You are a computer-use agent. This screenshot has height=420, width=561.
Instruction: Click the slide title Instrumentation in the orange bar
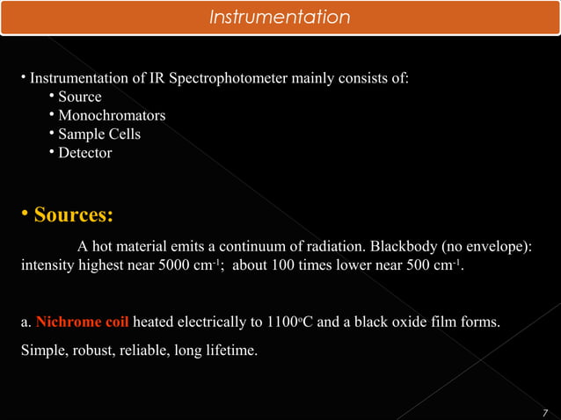pos(280,18)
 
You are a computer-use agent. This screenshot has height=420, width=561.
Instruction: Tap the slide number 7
pos(546,413)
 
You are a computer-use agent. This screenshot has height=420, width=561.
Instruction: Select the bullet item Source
pos(80,97)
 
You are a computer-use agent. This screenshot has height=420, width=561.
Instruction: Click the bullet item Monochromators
pos(112,115)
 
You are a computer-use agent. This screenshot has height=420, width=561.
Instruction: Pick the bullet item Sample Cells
pos(99,134)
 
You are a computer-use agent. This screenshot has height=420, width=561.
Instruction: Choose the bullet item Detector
pos(85,153)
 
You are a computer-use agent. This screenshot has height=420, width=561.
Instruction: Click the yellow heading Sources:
pos(73,216)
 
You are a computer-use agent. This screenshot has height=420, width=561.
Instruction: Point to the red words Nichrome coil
pos(83,322)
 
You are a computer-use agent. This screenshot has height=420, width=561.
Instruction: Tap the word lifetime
pos(230,351)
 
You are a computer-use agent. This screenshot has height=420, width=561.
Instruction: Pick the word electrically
pos(217,322)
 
